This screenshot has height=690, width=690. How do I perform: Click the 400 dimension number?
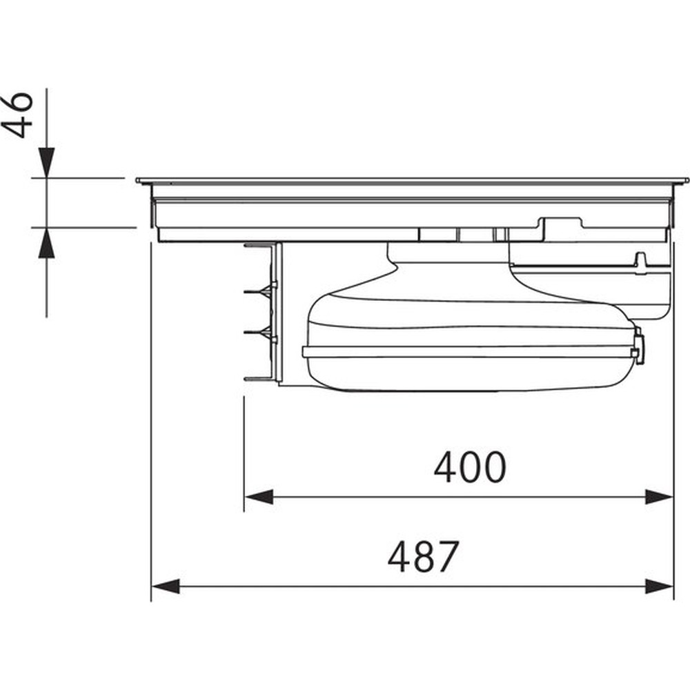point(469,467)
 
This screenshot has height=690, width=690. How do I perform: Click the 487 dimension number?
point(424,556)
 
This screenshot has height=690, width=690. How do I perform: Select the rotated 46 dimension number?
point(17,115)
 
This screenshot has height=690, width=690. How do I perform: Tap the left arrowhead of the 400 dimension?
point(259,497)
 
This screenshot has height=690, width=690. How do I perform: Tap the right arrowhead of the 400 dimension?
point(659,497)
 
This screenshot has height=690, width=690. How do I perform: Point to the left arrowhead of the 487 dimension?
point(166,586)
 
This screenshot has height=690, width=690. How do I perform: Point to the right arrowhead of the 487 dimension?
point(659,586)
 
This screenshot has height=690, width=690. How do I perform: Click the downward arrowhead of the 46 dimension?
point(47,163)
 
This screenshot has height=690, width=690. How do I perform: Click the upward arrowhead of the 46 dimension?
point(47,242)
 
